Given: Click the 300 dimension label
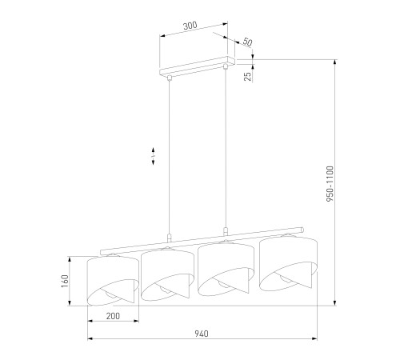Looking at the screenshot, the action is click(x=190, y=26).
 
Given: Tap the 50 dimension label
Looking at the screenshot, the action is click(x=247, y=42).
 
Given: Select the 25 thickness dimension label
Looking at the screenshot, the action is click(x=248, y=76).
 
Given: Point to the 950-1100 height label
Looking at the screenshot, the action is click(x=330, y=183).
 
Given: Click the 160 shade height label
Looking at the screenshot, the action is click(x=65, y=281).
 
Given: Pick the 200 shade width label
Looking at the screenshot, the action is click(x=113, y=316).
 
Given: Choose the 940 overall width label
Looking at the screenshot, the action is click(x=202, y=334).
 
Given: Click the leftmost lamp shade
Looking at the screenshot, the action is click(x=113, y=279).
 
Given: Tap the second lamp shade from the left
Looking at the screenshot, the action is click(x=167, y=274).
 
